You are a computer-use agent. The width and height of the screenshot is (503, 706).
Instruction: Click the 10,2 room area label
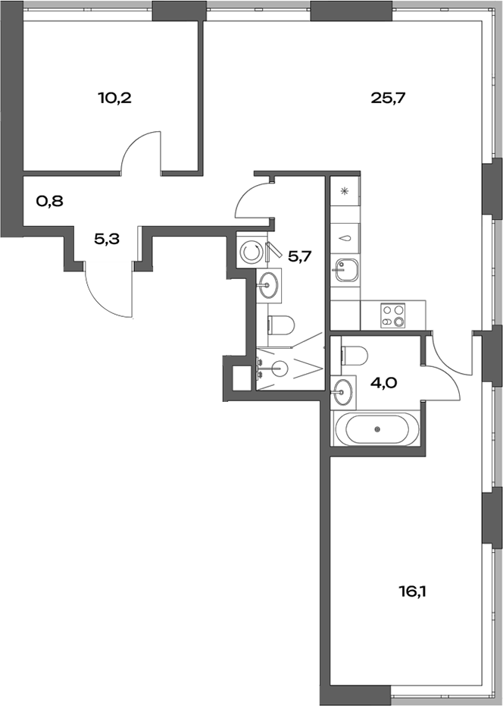[x=115, y=98]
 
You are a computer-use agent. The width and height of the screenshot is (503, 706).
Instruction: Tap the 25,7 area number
[x=384, y=98]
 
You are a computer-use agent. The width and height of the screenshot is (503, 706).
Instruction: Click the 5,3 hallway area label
[x=105, y=240]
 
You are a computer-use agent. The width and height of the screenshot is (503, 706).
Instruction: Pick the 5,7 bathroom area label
[x=299, y=257]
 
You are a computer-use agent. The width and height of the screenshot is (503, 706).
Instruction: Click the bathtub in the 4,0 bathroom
[x=378, y=430]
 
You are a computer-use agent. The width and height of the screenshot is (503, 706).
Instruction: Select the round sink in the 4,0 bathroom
[x=343, y=392]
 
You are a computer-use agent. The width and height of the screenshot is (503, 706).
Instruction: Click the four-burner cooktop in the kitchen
[x=394, y=315]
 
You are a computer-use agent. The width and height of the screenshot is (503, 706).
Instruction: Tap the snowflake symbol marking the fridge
[x=344, y=191]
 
